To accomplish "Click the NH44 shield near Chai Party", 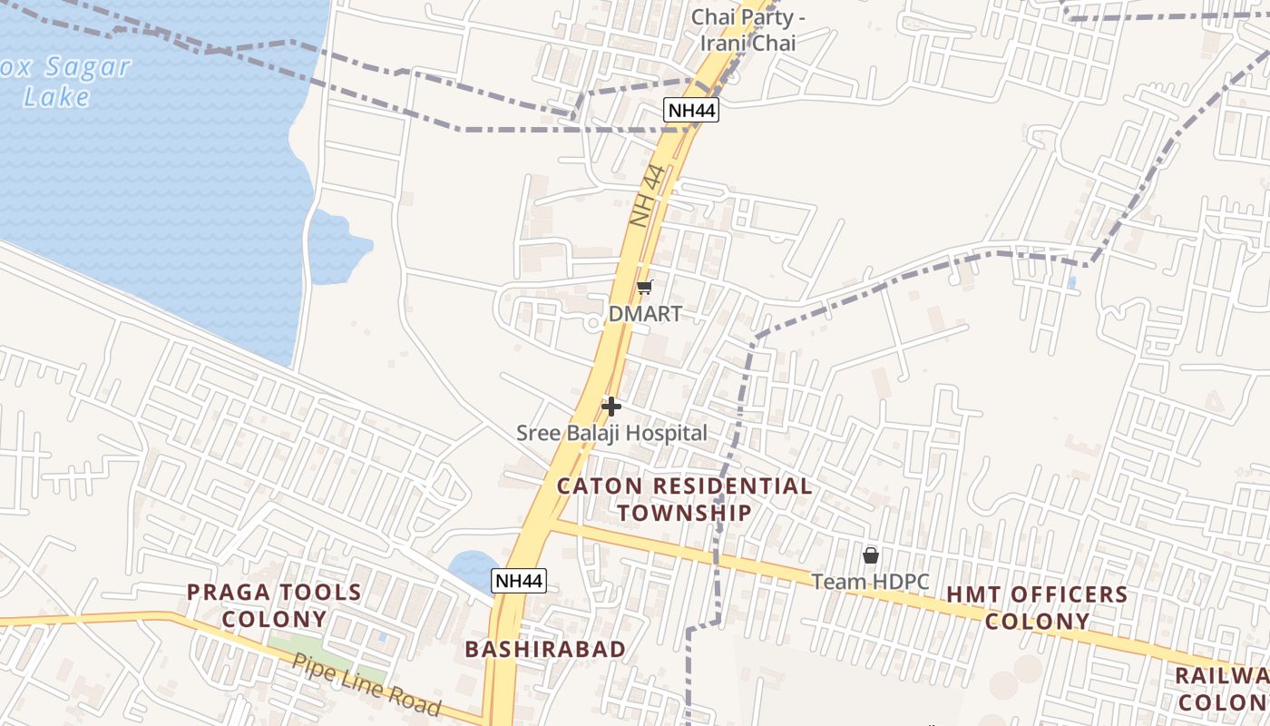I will click(x=691, y=111).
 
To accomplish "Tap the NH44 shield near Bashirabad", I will click(x=520, y=581).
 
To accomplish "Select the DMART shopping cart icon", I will click(x=644, y=288).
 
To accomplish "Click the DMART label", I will click(x=645, y=314).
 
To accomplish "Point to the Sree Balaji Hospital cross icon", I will click(x=611, y=407).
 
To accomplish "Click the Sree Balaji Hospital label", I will click(x=611, y=434).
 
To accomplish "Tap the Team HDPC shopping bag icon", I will click(x=871, y=554).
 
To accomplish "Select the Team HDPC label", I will click(x=870, y=581).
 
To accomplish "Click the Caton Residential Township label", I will click(x=685, y=499).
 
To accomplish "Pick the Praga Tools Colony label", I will click(x=275, y=605).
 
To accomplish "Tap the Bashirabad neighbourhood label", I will click(x=545, y=649).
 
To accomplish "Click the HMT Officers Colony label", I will click(x=1037, y=608).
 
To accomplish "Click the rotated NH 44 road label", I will click(x=648, y=196).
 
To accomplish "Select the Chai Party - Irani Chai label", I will click(x=748, y=30).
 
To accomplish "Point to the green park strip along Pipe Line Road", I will click(x=327, y=660).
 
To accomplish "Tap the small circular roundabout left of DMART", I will click(x=592, y=322).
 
